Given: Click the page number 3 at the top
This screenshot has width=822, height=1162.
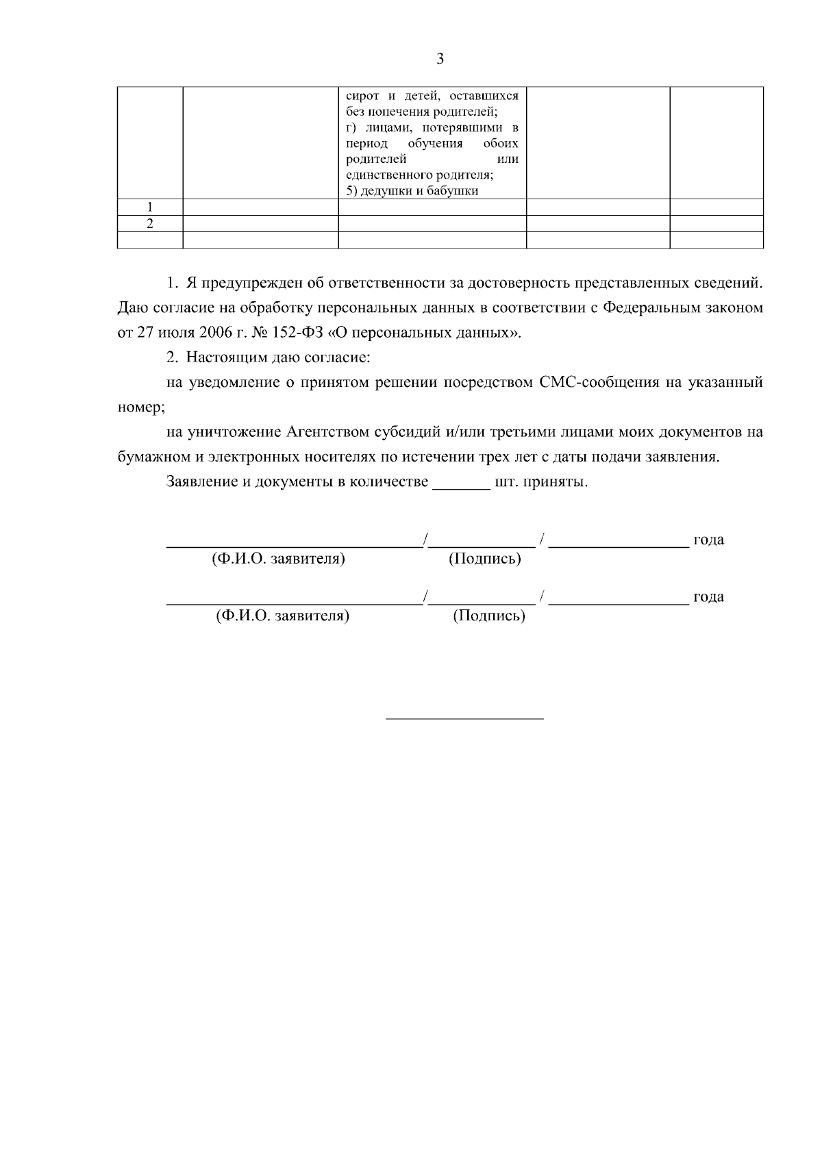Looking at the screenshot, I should click(440, 59).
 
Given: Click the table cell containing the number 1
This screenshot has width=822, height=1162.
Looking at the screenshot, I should click(150, 207).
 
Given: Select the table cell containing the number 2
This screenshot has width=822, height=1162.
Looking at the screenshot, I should click(150, 223).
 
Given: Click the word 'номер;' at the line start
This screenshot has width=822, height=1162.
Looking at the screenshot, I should click(141, 407).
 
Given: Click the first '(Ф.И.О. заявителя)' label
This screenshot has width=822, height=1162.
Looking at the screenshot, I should click(279, 559).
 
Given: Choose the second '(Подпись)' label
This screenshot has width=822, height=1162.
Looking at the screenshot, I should click(488, 616).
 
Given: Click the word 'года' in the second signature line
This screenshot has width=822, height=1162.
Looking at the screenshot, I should click(708, 596).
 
